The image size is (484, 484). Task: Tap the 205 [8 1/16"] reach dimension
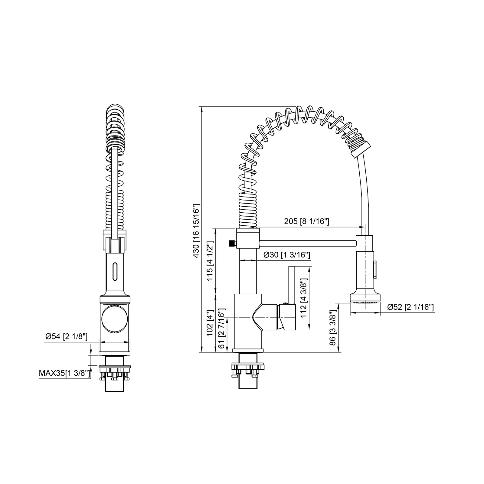tap(306, 221)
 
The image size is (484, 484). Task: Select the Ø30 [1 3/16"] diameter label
tap(286, 255)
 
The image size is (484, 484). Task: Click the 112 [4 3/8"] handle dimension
tap(304, 298)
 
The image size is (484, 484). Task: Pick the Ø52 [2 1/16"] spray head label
tap(410, 307)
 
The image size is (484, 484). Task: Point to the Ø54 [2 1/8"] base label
tap(66, 336)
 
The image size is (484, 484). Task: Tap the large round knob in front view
tap(115, 319)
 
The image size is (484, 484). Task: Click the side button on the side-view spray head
tap(375, 270)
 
